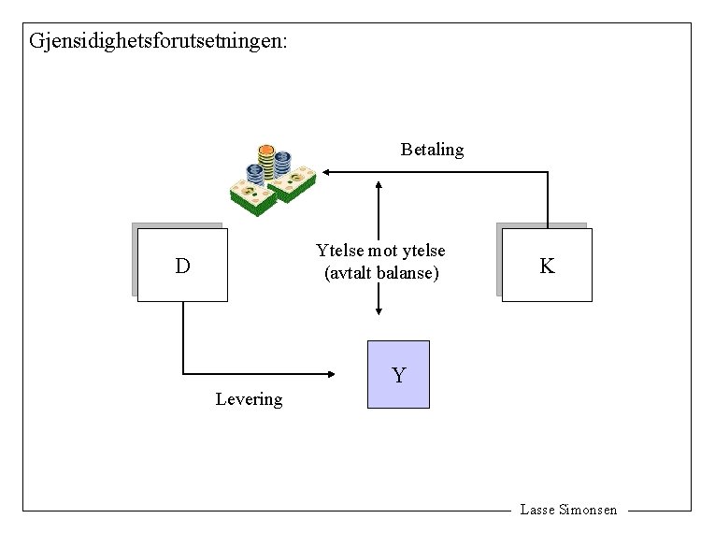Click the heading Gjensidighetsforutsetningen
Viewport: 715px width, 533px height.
(159, 41)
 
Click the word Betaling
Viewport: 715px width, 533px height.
(432, 150)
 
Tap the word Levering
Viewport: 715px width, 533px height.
(249, 399)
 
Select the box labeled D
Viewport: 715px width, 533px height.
(182, 265)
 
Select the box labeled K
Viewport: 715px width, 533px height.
(547, 265)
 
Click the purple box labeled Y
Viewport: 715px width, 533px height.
(399, 374)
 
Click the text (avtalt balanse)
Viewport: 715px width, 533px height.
(380, 274)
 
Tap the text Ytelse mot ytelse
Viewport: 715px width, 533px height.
(380, 251)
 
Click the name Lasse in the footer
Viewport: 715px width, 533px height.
(536, 510)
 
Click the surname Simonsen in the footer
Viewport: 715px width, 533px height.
(588, 510)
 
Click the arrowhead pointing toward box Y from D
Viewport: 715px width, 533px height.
(331, 374)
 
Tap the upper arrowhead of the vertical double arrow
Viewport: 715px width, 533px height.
(379, 183)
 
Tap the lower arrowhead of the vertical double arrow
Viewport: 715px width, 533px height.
(379, 311)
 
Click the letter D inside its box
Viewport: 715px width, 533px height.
(182, 266)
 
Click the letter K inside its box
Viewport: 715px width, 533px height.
(548, 266)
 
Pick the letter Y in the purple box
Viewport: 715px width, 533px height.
(399, 376)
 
